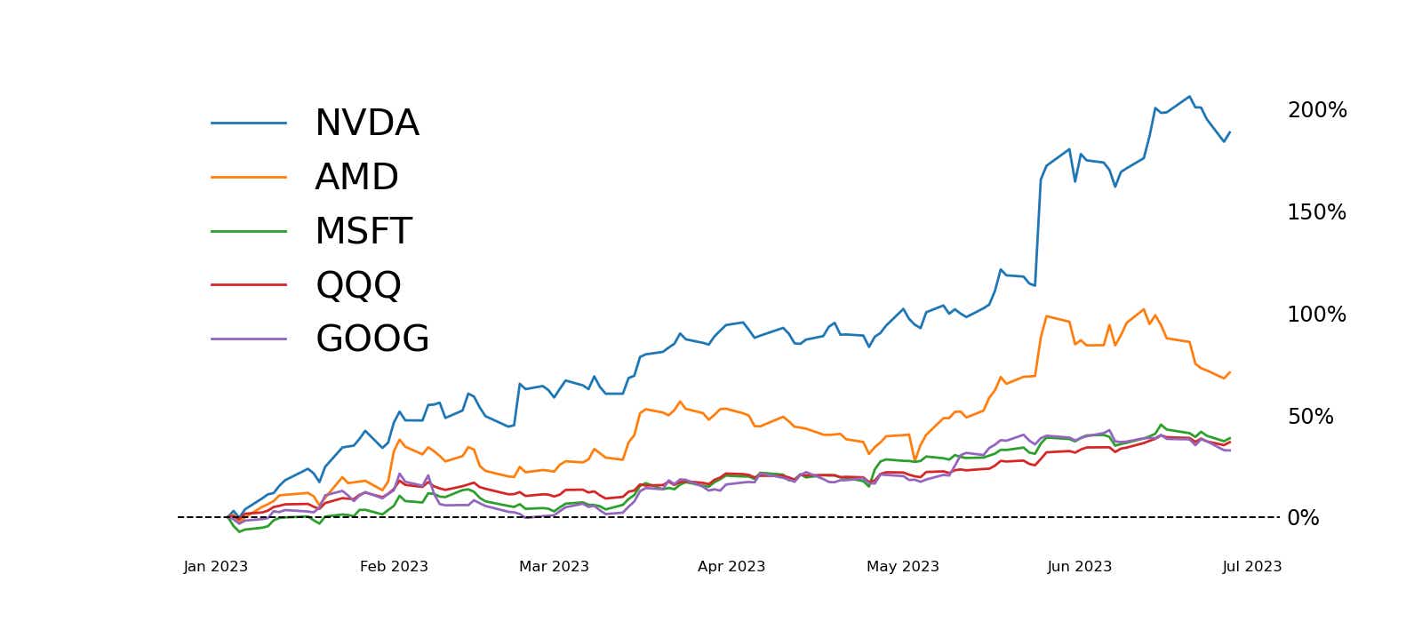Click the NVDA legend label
(x=366, y=124)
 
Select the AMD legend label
(x=356, y=178)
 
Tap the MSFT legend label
(x=363, y=232)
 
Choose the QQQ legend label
(x=358, y=285)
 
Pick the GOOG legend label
(x=371, y=339)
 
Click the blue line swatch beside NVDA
(x=249, y=123)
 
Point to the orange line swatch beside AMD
(x=249, y=177)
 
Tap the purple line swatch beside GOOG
(x=249, y=339)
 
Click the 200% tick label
(x=1316, y=111)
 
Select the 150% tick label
(x=1316, y=213)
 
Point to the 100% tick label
(x=1316, y=315)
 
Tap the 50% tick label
(x=1310, y=417)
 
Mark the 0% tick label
(x=1303, y=519)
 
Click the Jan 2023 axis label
(x=216, y=567)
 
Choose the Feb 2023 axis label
(x=394, y=567)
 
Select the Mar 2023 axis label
(x=554, y=567)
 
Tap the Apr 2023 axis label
(x=731, y=567)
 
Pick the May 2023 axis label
(x=903, y=567)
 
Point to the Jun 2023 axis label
(x=1080, y=567)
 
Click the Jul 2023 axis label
(x=1252, y=567)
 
